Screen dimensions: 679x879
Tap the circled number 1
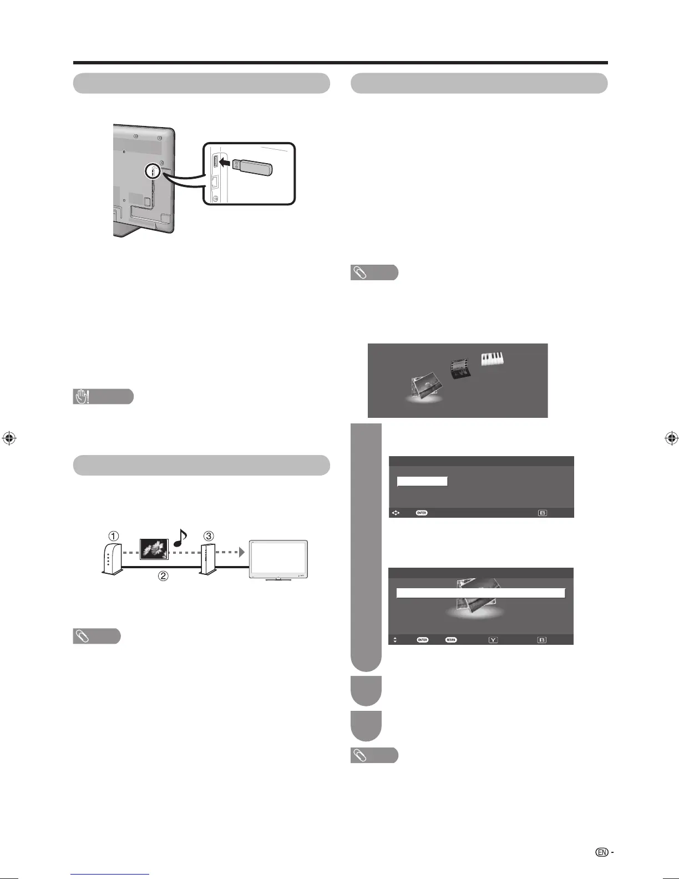point(113,536)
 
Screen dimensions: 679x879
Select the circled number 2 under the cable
point(163,576)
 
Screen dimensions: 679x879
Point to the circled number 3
point(208,536)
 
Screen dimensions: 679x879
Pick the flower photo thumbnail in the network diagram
point(154,548)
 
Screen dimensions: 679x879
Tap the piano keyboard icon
point(492,359)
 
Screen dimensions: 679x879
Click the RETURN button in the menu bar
point(450,640)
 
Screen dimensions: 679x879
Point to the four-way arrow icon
point(396,513)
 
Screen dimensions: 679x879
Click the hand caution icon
point(83,397)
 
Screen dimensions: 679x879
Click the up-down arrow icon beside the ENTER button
point(395,640)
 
